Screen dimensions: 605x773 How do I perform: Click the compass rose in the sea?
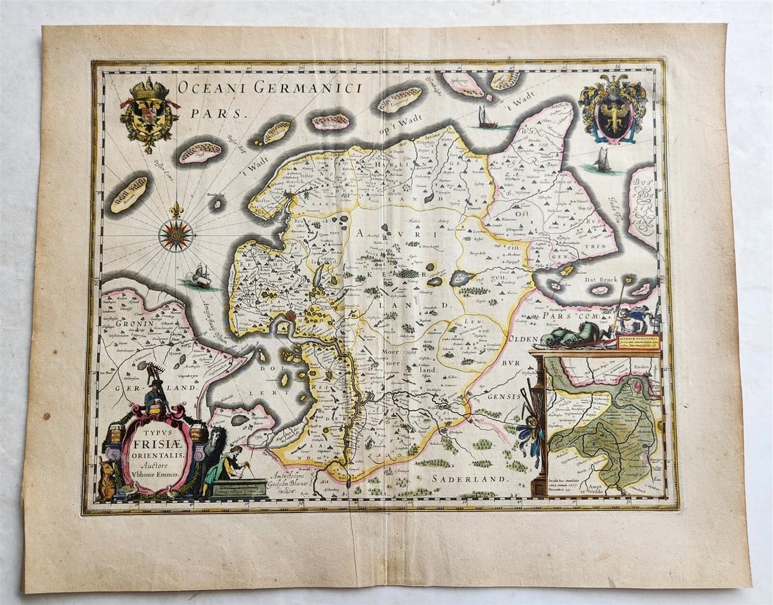(176, 235)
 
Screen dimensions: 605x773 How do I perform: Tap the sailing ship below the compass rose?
(200, 277)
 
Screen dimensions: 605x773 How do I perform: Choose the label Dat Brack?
(599, 279)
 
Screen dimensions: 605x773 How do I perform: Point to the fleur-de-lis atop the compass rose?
(176, 209)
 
